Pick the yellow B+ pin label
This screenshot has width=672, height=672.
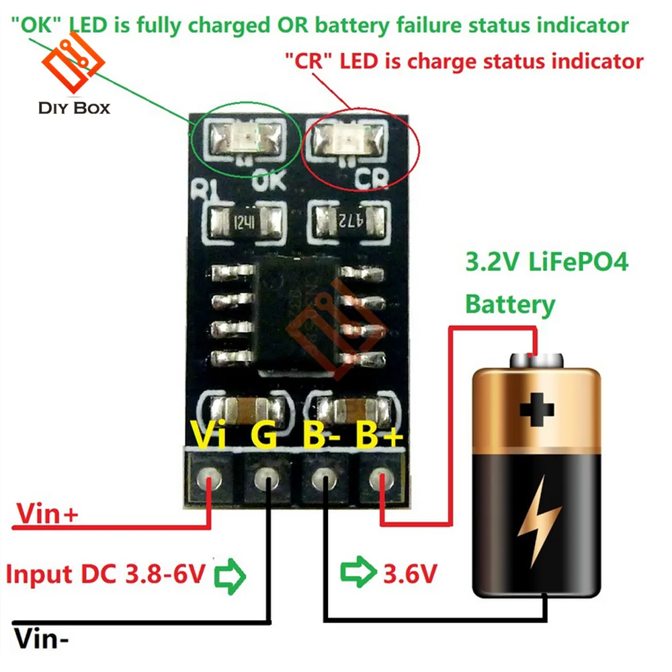coord(380,435)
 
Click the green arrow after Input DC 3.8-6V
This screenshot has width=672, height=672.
coord(230,575)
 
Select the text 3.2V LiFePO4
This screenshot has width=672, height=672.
coord(546,263)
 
